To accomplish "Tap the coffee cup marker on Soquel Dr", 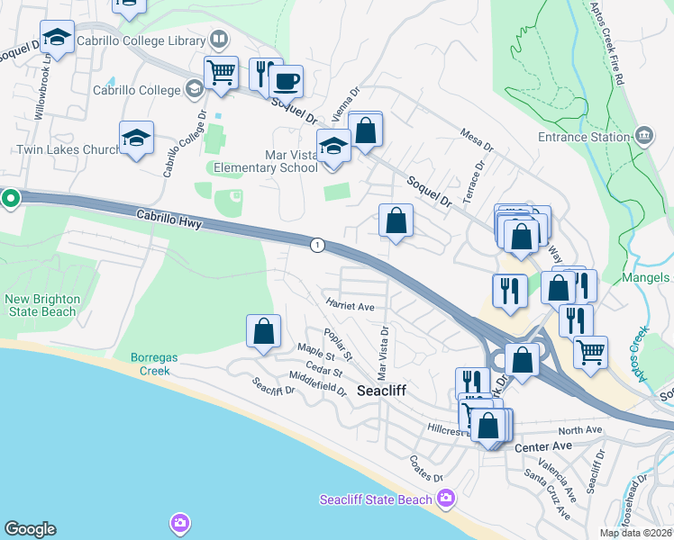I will tap(286, 82).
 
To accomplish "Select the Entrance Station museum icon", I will tap(643, 137).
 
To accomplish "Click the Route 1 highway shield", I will tap(316, 245).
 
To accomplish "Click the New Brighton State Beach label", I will tap(41, 305).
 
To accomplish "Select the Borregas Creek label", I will tap(155, 364).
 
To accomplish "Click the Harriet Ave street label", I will tap(350, 306).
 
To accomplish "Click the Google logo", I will tap(30, 529).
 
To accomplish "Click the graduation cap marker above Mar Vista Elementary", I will tap(333, 146).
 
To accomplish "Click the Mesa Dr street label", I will tap(477, 139).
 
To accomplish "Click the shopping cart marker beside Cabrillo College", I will tap(221, 73).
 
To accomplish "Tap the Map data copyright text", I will tap(634, 533).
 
